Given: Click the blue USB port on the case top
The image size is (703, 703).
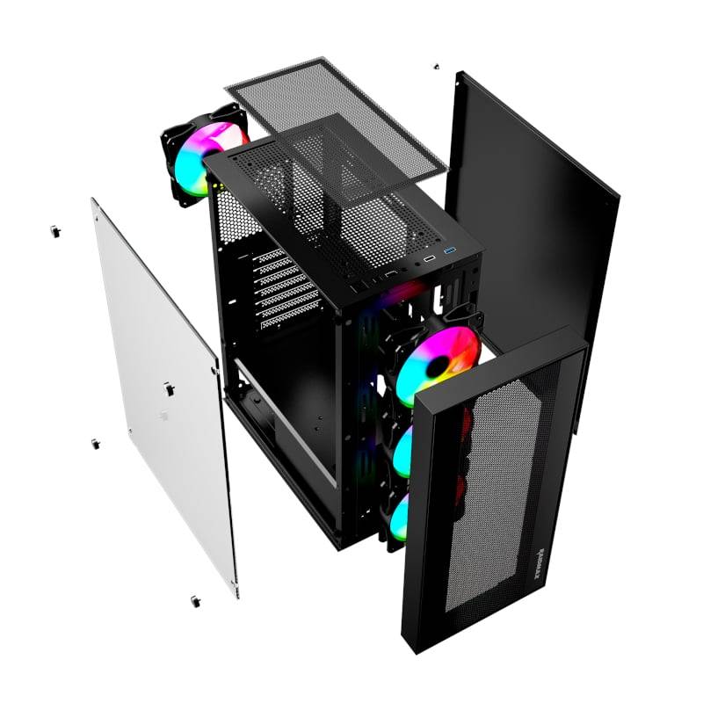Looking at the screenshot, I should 450,255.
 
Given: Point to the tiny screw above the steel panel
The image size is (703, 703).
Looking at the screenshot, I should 435,66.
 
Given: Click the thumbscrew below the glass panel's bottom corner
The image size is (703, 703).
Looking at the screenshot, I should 194,601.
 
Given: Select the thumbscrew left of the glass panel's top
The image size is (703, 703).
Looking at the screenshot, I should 55,231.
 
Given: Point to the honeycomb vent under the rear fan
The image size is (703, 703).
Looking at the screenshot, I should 231,220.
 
